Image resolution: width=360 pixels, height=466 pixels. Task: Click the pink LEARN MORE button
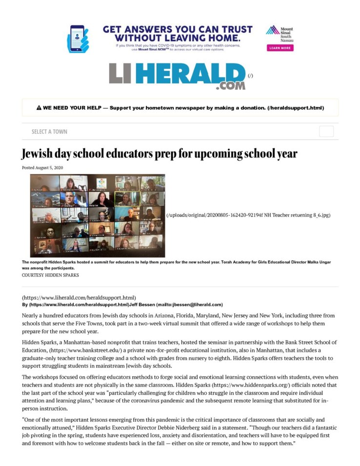(x=280, y=48)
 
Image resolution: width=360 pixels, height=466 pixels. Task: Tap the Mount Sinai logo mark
(x=272, y=30)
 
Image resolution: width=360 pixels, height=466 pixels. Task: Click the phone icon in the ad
(x=78, y=38)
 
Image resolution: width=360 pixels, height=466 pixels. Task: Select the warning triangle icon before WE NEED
(x=39, y=108)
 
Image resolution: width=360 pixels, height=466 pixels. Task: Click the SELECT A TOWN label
(x=49, y=132)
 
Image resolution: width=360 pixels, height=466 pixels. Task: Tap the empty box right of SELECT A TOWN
(x=326, y=131)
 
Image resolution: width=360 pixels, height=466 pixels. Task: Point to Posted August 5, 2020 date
(x=42, y=168)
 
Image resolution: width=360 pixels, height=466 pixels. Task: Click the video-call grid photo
(x=98, y=215)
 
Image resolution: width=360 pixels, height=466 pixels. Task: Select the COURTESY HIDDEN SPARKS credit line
(x=50, y=275)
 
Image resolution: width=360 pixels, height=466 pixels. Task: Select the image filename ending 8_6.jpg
(x=249, y=215)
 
